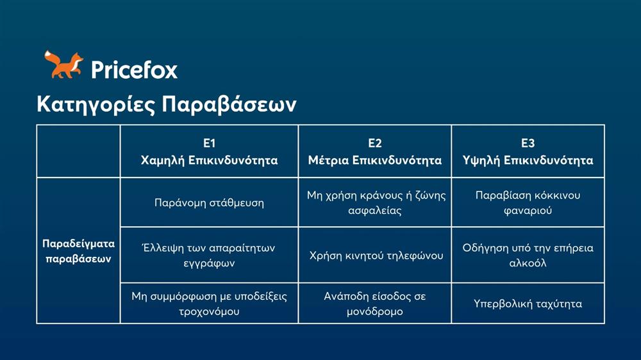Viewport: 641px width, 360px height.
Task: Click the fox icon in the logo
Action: [x=63, y=65]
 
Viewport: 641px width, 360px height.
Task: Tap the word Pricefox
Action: [x=134, y=69]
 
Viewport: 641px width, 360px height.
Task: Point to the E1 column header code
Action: [x=209, y=143]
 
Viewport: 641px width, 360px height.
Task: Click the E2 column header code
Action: [x=374, y=143]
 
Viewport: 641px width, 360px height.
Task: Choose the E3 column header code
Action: [x=528, y=143]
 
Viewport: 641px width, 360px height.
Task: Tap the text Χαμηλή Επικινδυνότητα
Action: [x=209, y=160]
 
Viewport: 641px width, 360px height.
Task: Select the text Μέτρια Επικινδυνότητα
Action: [x=374, y=160]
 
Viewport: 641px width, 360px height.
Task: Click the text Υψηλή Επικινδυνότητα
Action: [x=528, y=160]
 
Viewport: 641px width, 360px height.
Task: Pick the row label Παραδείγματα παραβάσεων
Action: [x=78, y=251]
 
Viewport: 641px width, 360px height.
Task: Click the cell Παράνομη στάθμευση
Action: [x=209, y=202]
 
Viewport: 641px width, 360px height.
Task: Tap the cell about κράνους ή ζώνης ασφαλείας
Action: [x=374, y=202]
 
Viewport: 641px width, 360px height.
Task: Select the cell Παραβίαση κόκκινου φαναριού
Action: [x=528, y=202]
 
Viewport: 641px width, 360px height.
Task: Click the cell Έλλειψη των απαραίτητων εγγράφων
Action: [x=209, y=255]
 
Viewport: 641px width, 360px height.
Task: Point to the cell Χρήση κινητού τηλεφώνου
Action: [x=374, y=256]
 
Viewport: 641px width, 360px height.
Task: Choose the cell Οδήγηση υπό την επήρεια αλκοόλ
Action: [x=528, y=255]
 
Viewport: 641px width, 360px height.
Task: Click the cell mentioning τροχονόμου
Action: [x=209, y=303]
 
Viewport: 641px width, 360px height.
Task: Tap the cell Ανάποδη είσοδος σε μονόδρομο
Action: [x=374, y=303]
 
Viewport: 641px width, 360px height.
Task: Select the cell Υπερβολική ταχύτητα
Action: [x=528, y=304]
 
